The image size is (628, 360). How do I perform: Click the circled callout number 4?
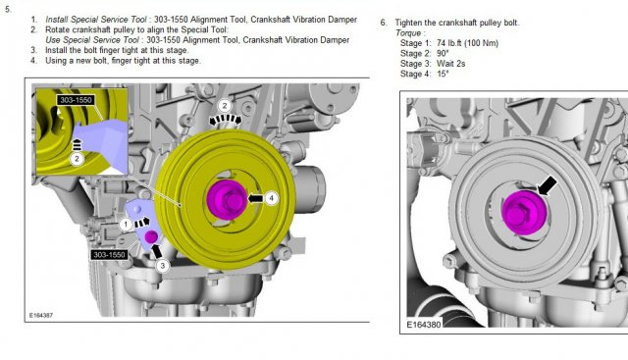pos(272,198)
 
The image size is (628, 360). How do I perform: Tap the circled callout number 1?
pos(126,224)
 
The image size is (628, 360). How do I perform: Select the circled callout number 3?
pos(162,266)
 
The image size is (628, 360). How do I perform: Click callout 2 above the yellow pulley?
pos(225,106)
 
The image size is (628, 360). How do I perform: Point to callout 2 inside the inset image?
pos(77,159)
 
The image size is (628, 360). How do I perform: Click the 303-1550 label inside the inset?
pos(76,100)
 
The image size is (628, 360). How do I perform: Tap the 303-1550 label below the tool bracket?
pos(109,254)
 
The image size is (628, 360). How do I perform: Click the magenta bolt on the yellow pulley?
pos(227,200)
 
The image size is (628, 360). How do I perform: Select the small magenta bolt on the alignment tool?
pos(151,236)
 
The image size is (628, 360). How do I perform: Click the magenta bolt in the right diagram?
pos(524,212)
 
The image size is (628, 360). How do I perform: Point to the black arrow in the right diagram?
pos(548,186)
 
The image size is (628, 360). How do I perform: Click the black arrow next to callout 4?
pos(255,198)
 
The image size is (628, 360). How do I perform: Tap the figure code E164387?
pos(41,315)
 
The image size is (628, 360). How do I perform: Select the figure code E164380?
pos(423,325)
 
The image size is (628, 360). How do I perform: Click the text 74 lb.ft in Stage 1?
pos(448,43)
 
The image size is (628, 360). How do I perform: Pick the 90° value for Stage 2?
pos(443,53)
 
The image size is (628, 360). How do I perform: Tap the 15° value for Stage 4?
pos(443,74)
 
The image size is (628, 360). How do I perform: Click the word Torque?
pos(408,33)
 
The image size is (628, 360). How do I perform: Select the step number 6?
pos(384,23)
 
